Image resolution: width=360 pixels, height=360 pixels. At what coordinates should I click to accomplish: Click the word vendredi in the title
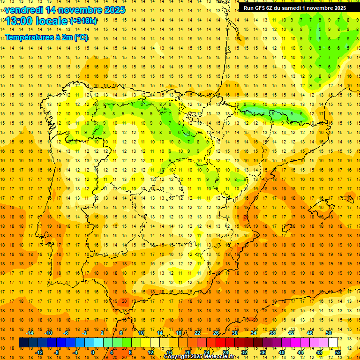(24, 10)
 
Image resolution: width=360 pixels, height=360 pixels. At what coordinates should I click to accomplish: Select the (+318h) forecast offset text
(83, 21)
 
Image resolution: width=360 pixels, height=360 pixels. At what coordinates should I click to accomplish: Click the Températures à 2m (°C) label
(46, 37)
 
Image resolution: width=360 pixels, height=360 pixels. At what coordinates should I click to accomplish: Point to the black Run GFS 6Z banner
(295, 7)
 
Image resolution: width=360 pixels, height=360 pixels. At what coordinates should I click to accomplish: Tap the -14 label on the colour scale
(30, 333)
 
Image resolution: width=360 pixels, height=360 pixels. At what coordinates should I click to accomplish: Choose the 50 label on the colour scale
(329, 333)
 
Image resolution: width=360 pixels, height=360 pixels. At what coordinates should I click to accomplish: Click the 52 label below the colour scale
(338, 352)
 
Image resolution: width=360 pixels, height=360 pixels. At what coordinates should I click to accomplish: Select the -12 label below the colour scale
(39, 352)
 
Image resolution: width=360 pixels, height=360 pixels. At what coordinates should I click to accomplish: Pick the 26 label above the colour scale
(216, 333)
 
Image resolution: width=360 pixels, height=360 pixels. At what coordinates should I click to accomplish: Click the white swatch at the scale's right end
(333, 343)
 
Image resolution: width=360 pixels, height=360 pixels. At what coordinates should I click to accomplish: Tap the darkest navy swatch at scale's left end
(23, 343)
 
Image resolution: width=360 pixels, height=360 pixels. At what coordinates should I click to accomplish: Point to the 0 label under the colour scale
(93, 352)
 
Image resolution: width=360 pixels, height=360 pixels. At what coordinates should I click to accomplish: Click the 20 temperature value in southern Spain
(124, 301)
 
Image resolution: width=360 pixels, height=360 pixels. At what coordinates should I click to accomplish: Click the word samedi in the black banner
(290, 7)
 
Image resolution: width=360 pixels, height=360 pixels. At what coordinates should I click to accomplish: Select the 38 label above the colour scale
(272, 333)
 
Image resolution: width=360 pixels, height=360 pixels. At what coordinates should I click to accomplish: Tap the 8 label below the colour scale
(130, 352)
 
